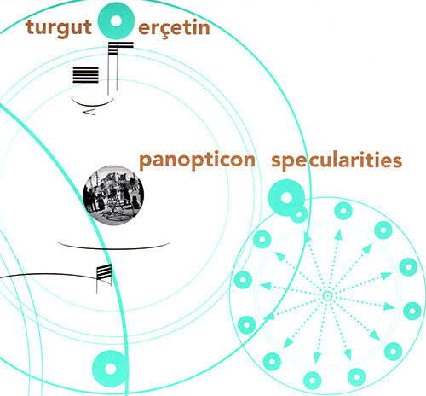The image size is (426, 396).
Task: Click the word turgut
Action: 59,28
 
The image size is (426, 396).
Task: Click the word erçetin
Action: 174,28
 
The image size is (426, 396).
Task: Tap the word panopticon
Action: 197,160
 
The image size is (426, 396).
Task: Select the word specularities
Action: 337,160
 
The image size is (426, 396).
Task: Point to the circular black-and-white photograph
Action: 113,195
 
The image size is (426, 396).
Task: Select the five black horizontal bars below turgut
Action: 85,75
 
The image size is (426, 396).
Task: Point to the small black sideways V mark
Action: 89,113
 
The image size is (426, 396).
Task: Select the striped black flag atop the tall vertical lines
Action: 121,48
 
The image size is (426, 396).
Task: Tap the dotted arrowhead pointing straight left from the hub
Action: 265,285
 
